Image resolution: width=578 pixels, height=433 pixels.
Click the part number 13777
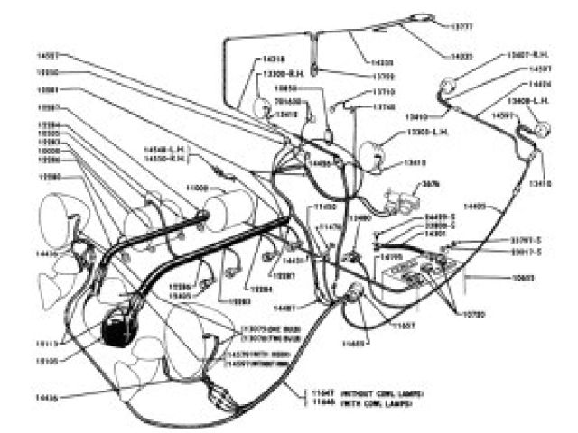click(461, 27)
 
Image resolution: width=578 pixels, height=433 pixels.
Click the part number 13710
click(365, 92)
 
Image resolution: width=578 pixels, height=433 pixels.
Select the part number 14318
click(275, 60)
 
